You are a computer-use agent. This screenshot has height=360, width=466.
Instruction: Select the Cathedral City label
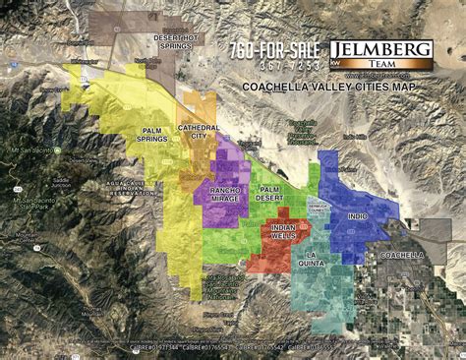pos(199,133)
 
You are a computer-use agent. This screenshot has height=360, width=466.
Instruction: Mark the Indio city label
pos(357,215)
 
